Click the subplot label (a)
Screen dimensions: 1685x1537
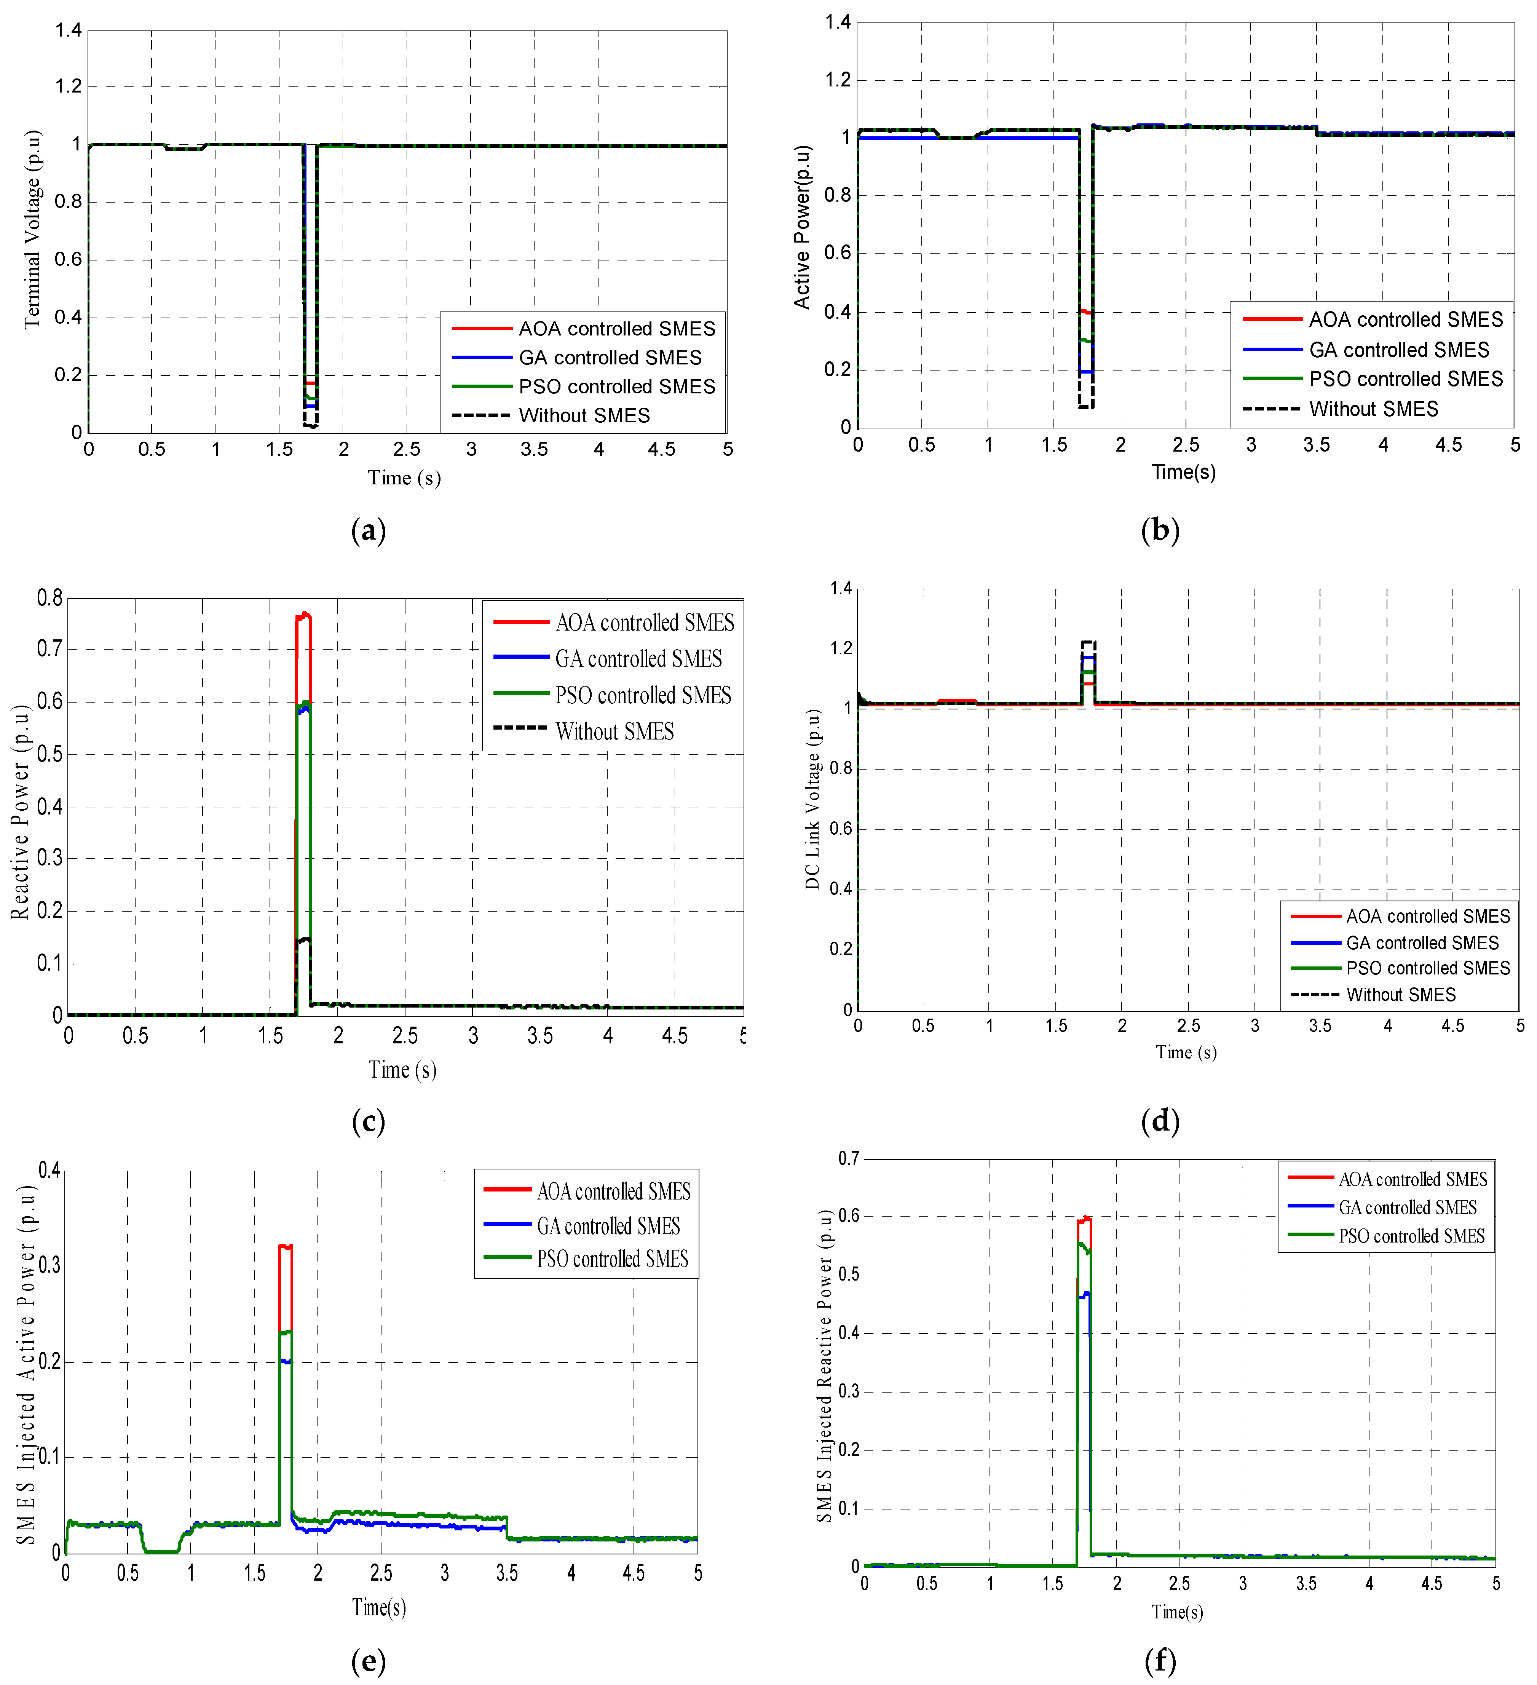coord(369,530)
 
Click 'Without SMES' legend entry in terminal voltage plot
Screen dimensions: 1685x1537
coord(583,415)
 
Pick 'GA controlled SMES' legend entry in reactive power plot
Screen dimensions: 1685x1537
coord(638,659)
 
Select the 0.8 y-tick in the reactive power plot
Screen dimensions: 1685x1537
coord(50,597)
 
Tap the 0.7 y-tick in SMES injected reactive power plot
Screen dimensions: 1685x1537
coord(848,1158)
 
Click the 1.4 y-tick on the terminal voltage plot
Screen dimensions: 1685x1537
coord(69,31)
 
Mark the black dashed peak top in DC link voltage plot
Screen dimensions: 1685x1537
coord(1088,642)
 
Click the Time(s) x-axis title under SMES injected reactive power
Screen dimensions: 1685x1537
coord(1177,1612)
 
